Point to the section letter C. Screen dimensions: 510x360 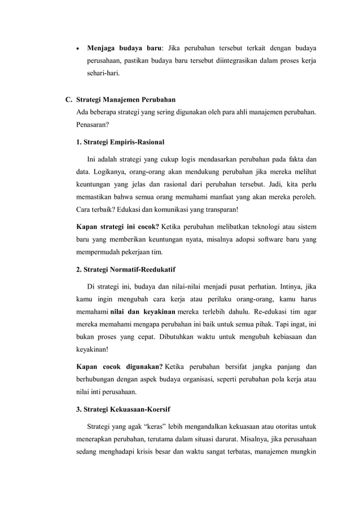click(69, 100)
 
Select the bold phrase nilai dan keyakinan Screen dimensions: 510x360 click(140, 312)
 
